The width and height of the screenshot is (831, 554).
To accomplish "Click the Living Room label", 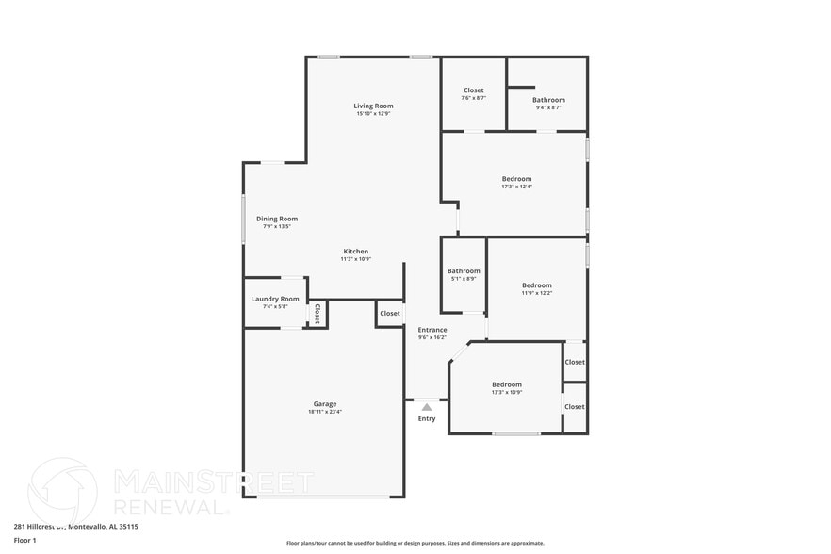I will pos(373,106).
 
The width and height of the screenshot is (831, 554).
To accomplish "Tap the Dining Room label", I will pos(277,219).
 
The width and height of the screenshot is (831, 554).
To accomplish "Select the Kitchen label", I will pos(355,252).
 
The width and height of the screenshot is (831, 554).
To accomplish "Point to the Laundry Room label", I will pos(275,299).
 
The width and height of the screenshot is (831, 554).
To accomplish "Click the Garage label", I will pos(324,404).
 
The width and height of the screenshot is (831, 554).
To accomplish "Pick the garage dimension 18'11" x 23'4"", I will pos(324,412).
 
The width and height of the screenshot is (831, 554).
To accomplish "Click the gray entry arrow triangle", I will pos(427,407).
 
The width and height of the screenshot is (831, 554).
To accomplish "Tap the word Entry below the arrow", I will pos(427,418).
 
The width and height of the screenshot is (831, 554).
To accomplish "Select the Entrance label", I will pos(432,330).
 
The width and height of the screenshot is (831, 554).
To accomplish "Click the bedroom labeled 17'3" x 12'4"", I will pos(516,179).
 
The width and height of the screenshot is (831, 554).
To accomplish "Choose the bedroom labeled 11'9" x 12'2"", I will pos(537,285).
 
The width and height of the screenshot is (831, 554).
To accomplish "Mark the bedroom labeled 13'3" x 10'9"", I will pos(506,384).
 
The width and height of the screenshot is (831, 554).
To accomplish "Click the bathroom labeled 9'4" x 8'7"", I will pos(548,100).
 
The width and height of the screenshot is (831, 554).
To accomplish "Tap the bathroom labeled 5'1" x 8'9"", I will pos(464,271).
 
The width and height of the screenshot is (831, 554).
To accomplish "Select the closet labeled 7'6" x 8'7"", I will pos(473,90).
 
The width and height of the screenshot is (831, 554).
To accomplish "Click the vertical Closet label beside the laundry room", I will pos(318,314).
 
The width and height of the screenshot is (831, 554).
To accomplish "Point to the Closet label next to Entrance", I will pos(390,313).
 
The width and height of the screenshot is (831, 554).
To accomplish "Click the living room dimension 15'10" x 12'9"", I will pos(373,114).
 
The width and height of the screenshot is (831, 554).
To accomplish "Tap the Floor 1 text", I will pos(24,540).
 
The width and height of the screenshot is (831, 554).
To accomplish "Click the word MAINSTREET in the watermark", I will pos(213,482).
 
